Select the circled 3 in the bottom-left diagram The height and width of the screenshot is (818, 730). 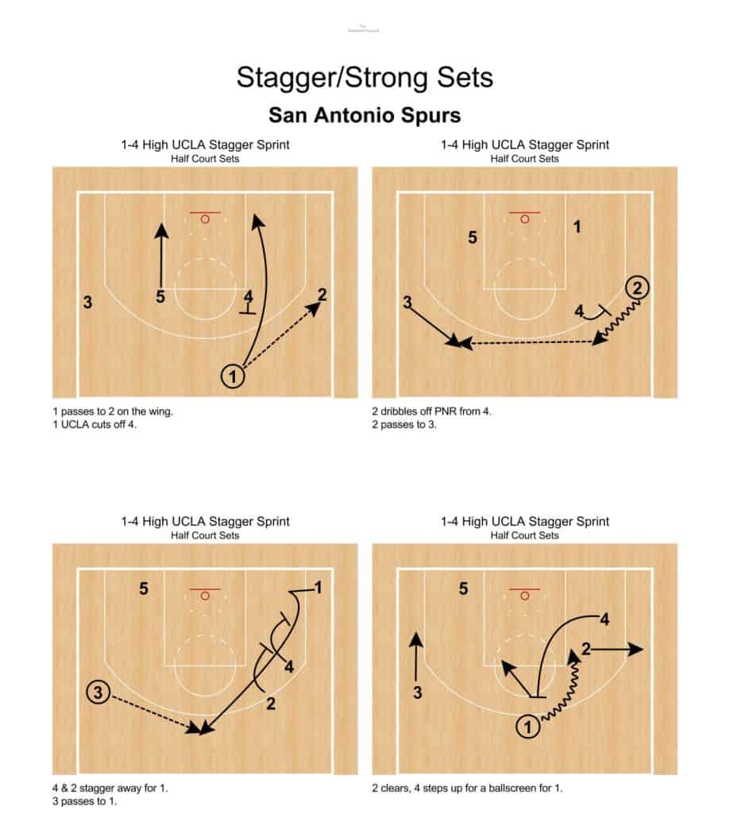coord(98,693)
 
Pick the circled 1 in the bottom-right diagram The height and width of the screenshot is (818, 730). coord(527,724)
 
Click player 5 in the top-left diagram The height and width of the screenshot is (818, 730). coord(160,297)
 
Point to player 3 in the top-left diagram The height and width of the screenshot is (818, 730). coord(87,302)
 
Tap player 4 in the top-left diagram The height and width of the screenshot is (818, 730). coord(249,297)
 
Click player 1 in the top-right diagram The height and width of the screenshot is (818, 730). coord(577,227)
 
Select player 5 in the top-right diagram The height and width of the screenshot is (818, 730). coord(473,237)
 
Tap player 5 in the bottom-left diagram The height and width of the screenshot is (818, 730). coord(144,589)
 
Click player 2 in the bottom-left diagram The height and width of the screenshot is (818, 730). coord(271,704)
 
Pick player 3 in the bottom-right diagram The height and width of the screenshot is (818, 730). coord(418,693)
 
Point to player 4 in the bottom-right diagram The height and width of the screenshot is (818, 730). coord(604,619)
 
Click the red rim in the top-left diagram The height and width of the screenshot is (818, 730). coord(205,218)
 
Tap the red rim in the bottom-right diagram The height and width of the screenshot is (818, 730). coord(524,595)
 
